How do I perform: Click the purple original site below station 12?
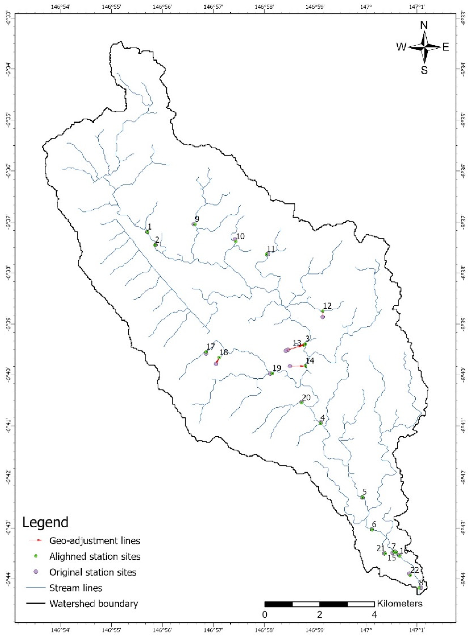point(322,317)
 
